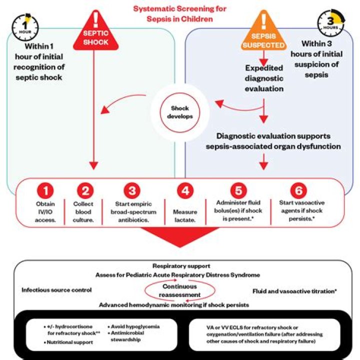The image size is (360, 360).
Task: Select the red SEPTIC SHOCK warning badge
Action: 95,32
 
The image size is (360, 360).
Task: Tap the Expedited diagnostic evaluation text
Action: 264,78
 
